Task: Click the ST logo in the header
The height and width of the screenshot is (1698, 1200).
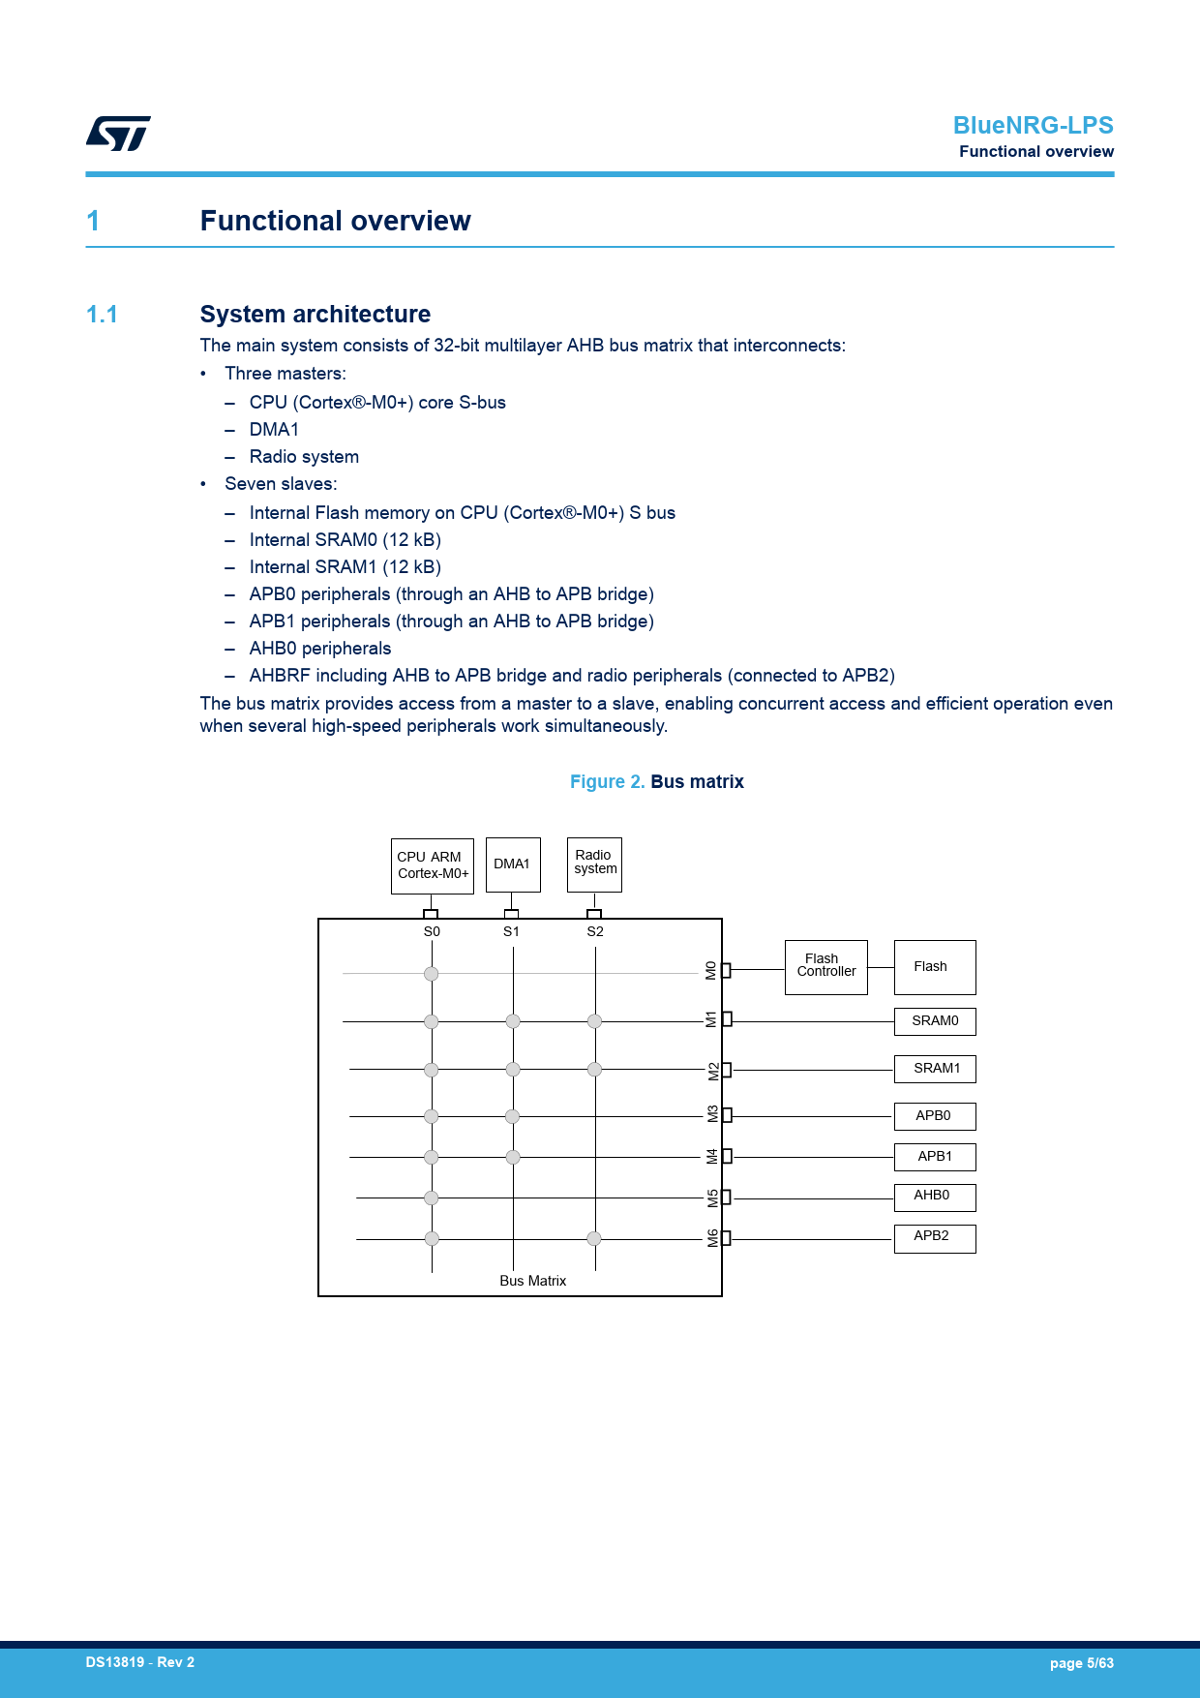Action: coord(118,134)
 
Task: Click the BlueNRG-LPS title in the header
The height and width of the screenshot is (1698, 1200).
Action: coord(1033,126)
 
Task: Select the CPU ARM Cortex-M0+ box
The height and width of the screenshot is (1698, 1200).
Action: coord(432,865)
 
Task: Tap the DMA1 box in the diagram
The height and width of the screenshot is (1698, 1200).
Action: coord(512,864)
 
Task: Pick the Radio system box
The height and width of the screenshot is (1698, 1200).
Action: coord(594,864)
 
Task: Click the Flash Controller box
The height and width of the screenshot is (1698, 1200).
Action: coord(825,966)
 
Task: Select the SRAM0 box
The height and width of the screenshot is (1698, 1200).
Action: coord(934,1021)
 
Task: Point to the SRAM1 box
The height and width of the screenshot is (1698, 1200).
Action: coord(934,1069)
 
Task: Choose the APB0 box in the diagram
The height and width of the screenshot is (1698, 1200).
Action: coord(934,1116)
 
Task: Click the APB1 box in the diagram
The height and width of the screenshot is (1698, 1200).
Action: coord(934,1157)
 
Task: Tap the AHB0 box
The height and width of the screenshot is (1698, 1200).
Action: coord(934,1197)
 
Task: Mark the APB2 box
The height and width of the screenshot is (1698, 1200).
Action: coord(934,1237)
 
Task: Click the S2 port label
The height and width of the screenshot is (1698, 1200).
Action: coord(595,931)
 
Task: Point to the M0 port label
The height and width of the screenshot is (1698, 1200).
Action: coord(711,970)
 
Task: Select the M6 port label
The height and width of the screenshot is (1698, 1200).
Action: coord(713,1238)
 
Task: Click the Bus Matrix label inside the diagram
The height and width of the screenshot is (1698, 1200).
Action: coord(532,1281)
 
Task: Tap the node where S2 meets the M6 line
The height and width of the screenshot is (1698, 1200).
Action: coord(594,1238)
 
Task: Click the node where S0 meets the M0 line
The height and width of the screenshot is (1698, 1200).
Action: coord(432,974)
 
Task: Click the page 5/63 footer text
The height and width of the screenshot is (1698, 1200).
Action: coord(1081,1663)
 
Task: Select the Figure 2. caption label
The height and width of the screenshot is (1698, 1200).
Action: coord(607,782)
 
